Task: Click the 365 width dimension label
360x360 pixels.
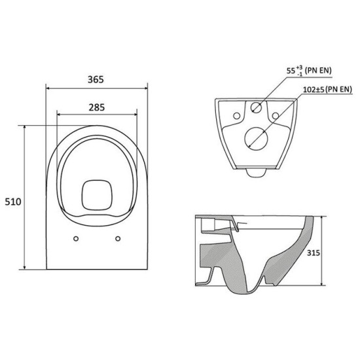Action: (96, 79)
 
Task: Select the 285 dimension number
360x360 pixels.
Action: (97, 107)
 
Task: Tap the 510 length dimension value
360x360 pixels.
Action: (13, 202)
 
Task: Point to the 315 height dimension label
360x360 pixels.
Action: (314, 253)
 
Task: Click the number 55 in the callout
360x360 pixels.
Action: (291, 71)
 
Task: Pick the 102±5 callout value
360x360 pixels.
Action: (314, 90)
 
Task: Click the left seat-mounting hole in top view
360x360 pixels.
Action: (76, 239)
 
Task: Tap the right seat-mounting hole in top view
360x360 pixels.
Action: (118, 239)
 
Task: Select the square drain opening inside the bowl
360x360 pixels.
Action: (97, 196)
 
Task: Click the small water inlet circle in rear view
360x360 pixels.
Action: (256, 107)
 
